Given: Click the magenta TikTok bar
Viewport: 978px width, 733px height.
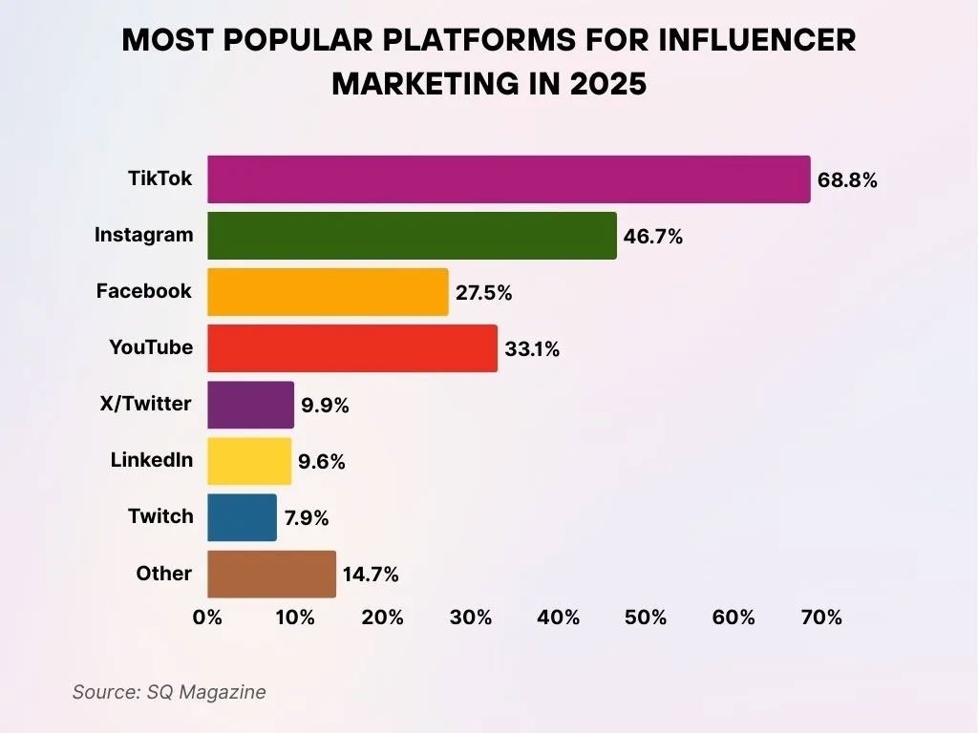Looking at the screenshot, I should coord(508,179).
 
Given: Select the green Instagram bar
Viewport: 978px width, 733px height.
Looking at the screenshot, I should coord(412,236).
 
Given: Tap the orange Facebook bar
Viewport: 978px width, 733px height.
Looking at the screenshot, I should coord(328,292).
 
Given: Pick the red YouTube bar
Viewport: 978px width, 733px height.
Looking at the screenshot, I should coord(352,348).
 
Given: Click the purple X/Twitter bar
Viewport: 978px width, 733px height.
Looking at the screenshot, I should coord(250,405).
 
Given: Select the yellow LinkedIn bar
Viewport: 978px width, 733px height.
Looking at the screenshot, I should coord(249,461).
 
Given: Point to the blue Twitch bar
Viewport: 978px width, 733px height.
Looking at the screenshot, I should coord(242,517).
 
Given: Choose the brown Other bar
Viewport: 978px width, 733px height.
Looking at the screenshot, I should coord(271,574).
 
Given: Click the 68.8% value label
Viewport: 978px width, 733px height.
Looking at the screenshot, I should coord(847,180).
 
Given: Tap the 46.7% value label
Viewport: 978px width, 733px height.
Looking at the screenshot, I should coord(653,237).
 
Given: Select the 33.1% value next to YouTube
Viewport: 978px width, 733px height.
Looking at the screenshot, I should coord(532,349).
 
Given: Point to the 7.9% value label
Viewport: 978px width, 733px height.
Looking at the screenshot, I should coord(307,518).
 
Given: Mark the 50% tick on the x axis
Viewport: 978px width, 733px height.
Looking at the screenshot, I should coord(646,618).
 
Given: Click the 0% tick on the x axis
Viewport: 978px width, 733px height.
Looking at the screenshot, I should coord(207,618).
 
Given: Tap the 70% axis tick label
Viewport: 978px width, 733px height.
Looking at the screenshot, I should coord(821,618).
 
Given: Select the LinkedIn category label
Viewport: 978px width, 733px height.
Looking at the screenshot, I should coord(151,460).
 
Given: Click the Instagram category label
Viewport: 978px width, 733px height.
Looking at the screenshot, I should coord(143,235).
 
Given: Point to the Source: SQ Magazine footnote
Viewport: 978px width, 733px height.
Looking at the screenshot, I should coord(169,692).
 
